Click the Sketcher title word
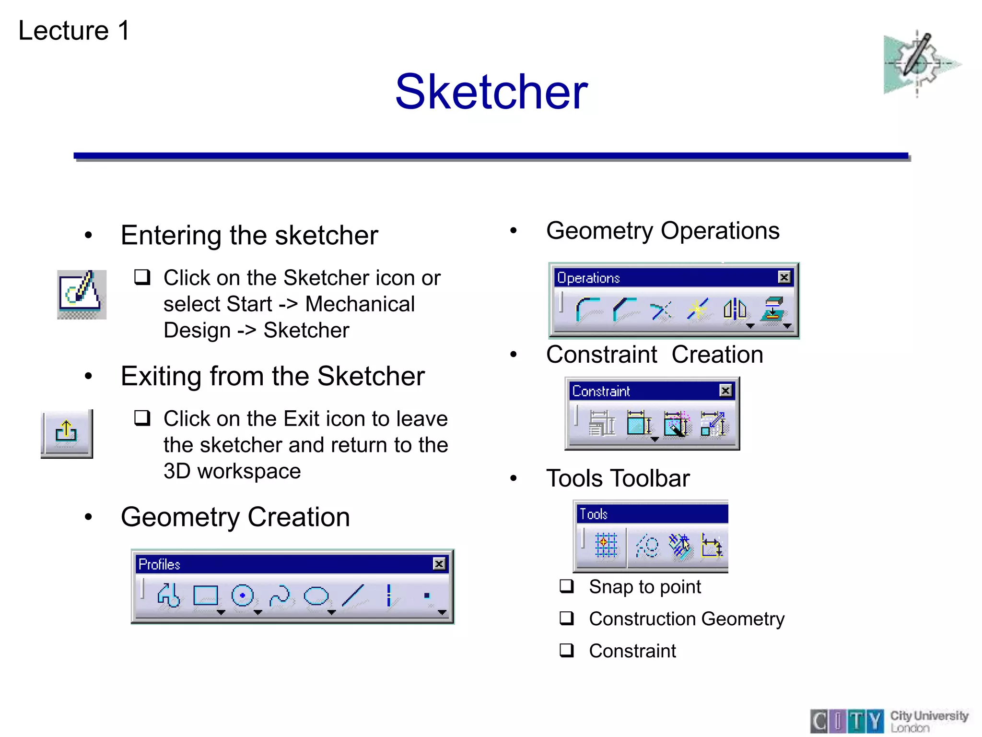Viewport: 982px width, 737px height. coord(491,92)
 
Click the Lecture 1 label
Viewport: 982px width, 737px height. coord(74,31)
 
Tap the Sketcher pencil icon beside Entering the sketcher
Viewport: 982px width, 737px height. coord(81,294)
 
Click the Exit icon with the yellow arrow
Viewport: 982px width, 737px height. coord(66,433)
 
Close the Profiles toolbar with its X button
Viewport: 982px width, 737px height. coord(439,564)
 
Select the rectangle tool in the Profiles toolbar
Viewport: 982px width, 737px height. coord(206,596)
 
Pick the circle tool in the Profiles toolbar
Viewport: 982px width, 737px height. coord(242,596)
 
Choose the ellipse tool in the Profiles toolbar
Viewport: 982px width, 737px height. coord(316,596)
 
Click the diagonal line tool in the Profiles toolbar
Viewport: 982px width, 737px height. coord(353,596)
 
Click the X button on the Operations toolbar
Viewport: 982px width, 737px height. coord(784,277)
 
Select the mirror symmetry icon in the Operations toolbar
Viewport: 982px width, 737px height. coord(735,309)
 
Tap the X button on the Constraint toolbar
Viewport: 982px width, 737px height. coord(725,391)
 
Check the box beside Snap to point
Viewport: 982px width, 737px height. coord(567,586)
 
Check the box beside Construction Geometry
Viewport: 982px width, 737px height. coord(567,618)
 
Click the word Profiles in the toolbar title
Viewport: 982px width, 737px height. coord(159,564)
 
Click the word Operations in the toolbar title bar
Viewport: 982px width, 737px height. coord(588,278)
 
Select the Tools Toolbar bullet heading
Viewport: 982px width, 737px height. coord(618,478)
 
